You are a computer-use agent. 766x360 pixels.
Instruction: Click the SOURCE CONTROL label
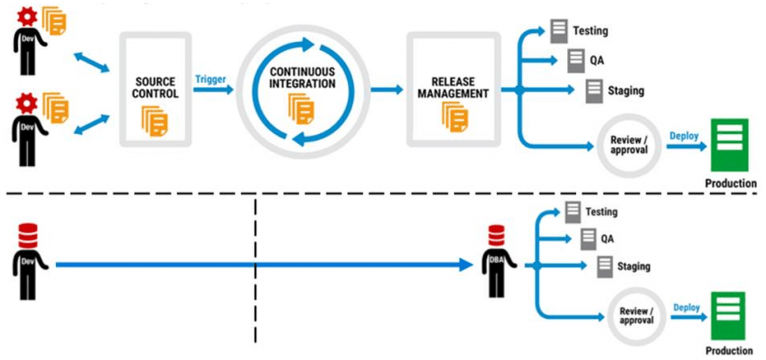point(156,88)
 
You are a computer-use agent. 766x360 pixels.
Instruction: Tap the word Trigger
point(211,79)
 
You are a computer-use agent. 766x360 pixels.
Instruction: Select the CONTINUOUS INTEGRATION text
point(302,77)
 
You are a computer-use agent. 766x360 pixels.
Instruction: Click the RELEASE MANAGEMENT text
point(453,88)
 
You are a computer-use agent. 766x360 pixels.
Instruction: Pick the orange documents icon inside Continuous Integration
point(302,110)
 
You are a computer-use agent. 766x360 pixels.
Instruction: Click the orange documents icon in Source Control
point(156,120)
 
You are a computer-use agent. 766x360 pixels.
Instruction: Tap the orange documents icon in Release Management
point(453,117)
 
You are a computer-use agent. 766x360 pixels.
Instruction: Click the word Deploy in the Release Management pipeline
point(684,136)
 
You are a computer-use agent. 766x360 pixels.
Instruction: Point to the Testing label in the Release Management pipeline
point(590,31)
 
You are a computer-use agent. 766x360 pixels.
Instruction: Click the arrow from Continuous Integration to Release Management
point(388,90)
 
